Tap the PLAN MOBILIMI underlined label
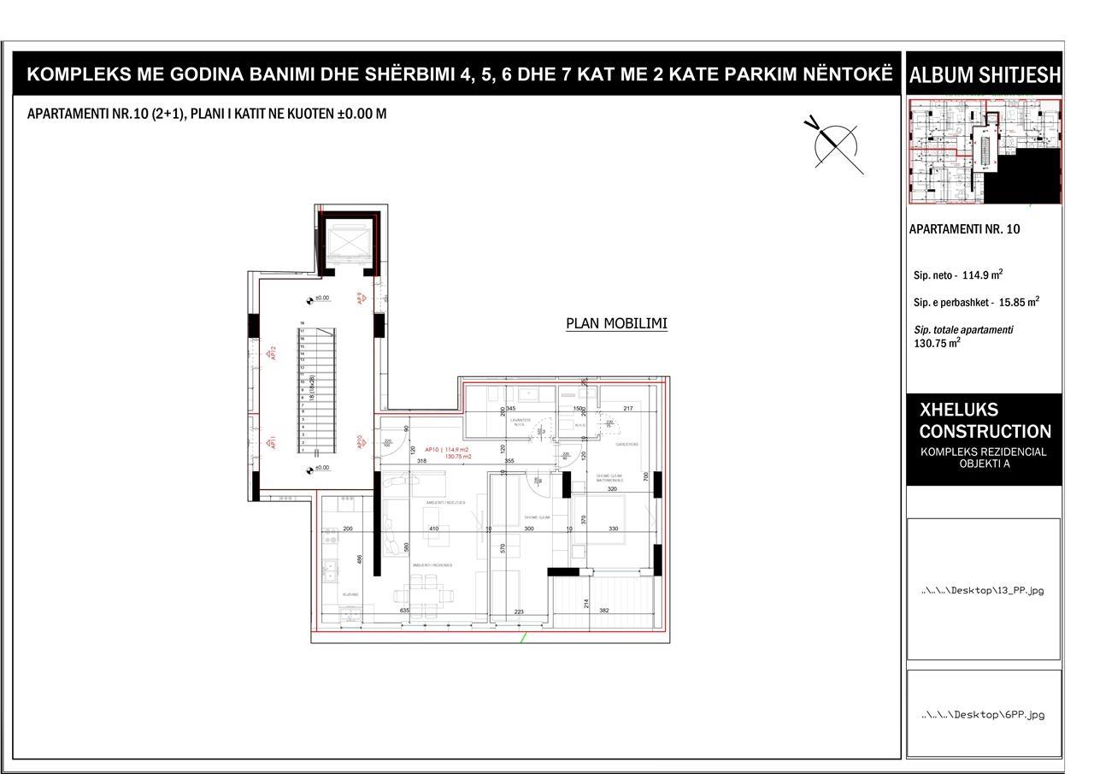point(616,323)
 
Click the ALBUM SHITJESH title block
point(984,75)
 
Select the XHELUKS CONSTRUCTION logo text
point(985,421)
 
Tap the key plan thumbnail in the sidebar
point(984,151)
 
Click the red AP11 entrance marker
point(273,442)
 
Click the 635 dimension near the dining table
point(404,611)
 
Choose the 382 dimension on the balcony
point(603,611)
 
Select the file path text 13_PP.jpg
point(983,590)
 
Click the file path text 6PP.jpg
point(983,714)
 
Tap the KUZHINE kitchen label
point(350,594)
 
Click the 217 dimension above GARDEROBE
point(627,409)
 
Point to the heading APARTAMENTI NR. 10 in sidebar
point(964,229)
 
